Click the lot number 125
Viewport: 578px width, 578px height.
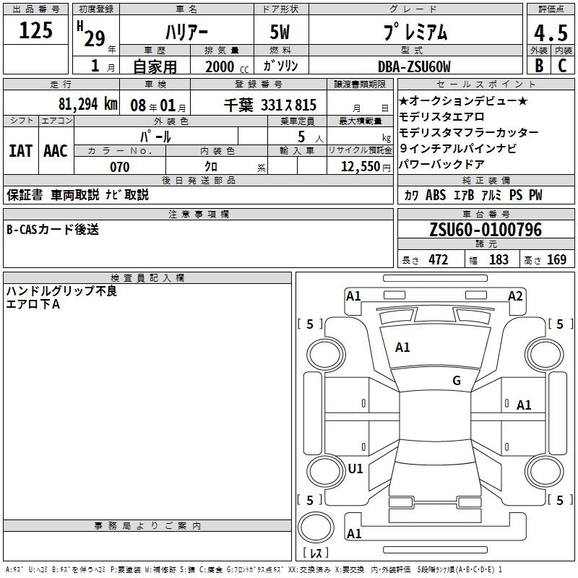pyautogui.click(x=35, y=30)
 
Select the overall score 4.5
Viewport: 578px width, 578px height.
pyautogui.click(x=551, y=33)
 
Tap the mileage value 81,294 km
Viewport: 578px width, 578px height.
pyautogui.click(x=87, y=104)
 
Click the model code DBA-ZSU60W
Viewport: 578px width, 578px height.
pyautogui.click(x=414, y=66)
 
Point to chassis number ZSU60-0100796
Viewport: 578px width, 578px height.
pyautogui.click(x=486, y=229)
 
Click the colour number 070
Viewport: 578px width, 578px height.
pyautogui.click(x=120, y=167)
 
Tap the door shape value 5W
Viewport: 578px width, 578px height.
pyautogui.click(x=280, y=32)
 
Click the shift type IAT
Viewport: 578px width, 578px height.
pyautogui.click(x=21, y=151)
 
